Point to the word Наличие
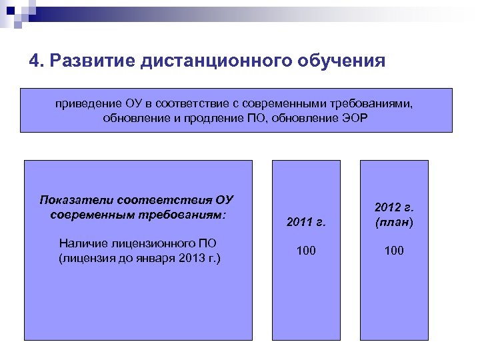click(83, 243)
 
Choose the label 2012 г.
click(393, 208)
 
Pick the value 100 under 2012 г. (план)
click(393, 251)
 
